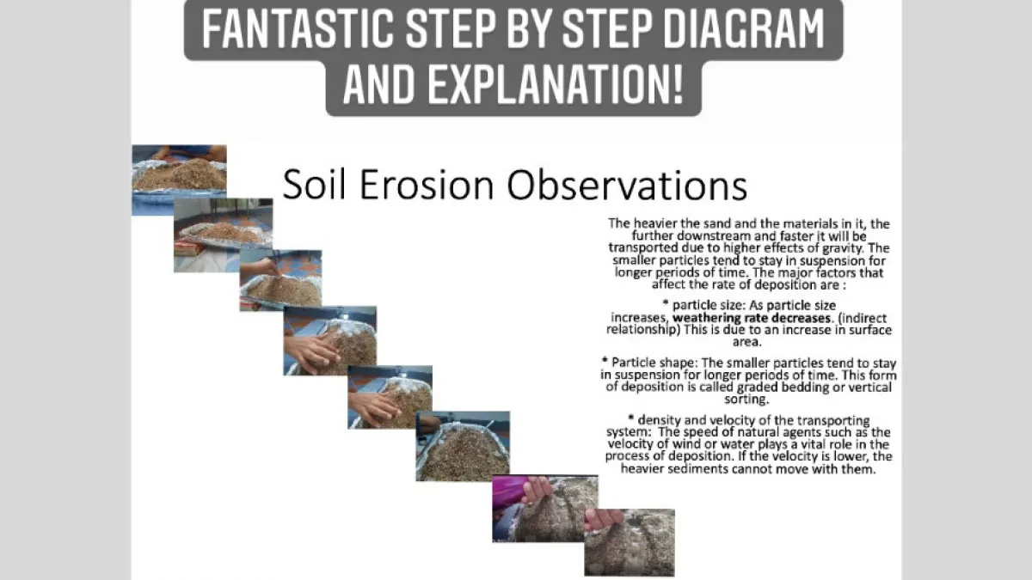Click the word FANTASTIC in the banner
pyautogui.click(x=298, y=28)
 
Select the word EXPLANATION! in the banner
pyautogui.click(x=556, y=85)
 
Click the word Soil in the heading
pyautogui.click(x=314, y=185)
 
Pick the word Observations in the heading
pyautogui.click(x=627, y=185)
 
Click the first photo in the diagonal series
pyautogui.click(x=179, y=180)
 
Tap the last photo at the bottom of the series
pyautogui.click(x=630, y=542)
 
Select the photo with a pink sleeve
pyautogui.click(x=545, y=508)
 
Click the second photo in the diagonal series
pyautogui.click(x=223, y=235)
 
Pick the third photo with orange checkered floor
pyautogui.click(x=280, y=280)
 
